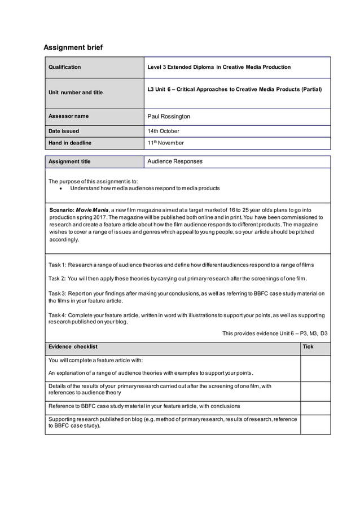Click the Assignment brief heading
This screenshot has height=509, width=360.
tap(73, 47)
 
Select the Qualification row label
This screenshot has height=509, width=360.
tap(64, 67)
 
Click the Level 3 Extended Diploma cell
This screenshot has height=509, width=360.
tap(219, 67)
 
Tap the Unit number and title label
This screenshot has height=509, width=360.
tap(76, 93)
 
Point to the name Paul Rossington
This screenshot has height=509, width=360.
tap(169, 116)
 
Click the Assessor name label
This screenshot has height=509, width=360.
tap(68, 116)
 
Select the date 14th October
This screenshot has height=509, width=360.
tap(163, 131)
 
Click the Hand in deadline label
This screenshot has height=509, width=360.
tap(70, 143)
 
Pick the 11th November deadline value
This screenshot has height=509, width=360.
tap(165, 143)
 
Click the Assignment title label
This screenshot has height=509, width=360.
tap(69, 161)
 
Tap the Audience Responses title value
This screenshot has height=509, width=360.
tap(175, 161)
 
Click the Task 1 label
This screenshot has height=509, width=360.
tap(58, 265)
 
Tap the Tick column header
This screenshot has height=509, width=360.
tap(308, 346)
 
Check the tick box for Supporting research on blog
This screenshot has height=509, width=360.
tap(315, 424)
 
